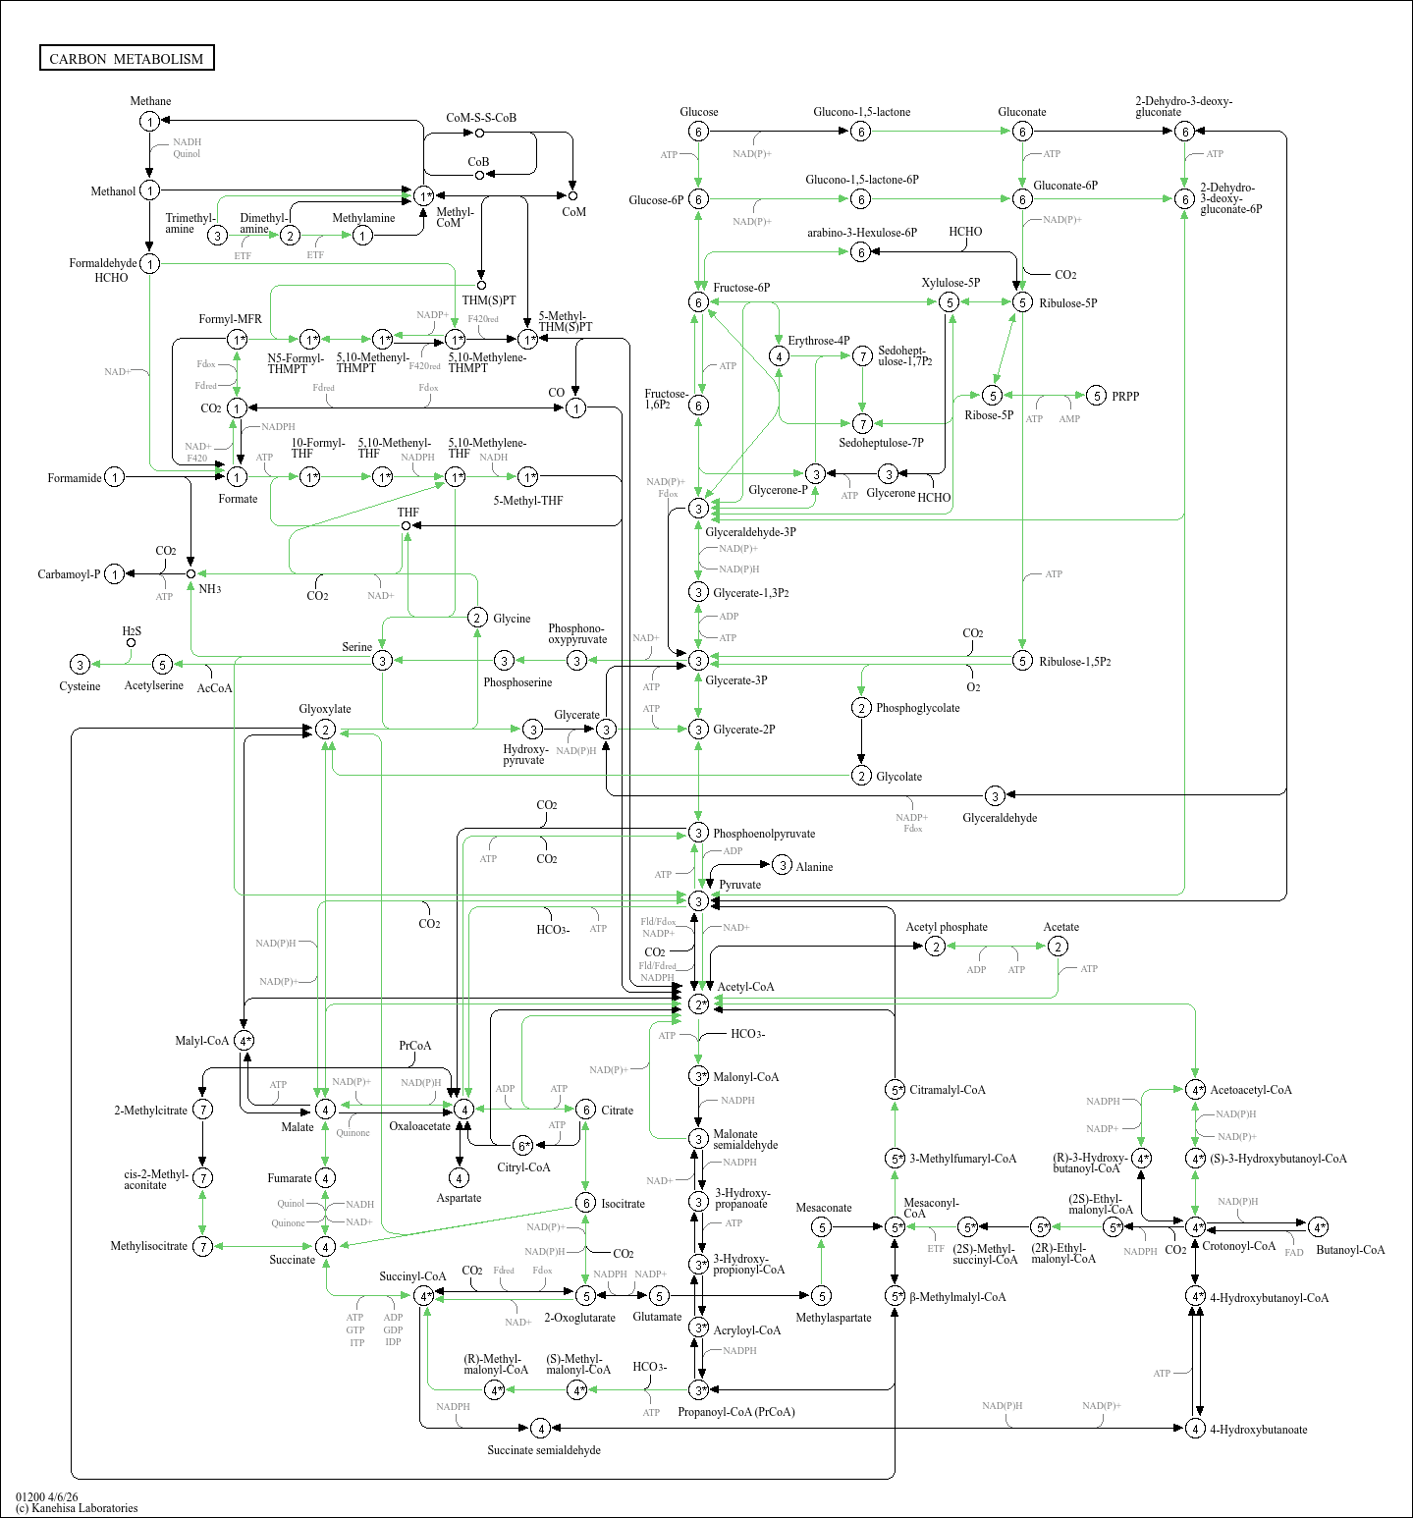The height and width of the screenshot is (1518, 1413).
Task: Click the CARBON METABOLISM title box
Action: pyautogui.click(x=127, y=59)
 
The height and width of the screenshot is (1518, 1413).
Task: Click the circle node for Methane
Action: pyautogui.click(x=149, y=121)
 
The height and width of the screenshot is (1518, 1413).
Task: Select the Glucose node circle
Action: pyautogui.click(x=698, y=132)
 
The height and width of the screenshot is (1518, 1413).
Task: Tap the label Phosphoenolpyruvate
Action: pyautogui.click(x=764, y=834)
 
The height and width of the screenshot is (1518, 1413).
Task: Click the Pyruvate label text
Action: pyautogui.click(x=739, y=885)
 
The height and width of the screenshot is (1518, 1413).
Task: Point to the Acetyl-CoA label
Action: pyautogui.click(x=745, y=987)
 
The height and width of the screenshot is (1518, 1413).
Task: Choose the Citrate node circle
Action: pyautogui.click(x=585, y=1110)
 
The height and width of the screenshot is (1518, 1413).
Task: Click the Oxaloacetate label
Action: pyautogui.click(x=419, y=1126)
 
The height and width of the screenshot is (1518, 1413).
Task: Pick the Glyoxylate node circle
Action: pyautogui.click(x=325, y=730)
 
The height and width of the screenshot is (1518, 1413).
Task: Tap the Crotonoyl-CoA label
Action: pyautogui.click(x=1238, y=1246)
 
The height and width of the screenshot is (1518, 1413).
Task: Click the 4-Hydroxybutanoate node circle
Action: pyautogui.click(x=1195, y=1429)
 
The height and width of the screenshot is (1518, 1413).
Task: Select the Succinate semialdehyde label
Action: pyautogui.click(x=544, y=1450)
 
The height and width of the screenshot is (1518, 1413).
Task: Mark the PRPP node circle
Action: pyautogui.click(x=1097, y=396)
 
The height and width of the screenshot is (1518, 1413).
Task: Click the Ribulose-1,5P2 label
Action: pyautogui.click(x=1075, y=662)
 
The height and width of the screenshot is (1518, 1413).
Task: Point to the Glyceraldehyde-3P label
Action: pyautogui.click(x=750, y=532)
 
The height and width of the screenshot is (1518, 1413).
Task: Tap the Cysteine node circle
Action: pyautogui.click(x=81, y=665)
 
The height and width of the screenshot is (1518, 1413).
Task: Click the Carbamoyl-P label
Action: pyautogui.click(x=69, y=574)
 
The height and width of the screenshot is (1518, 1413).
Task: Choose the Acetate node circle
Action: pyautogui.click(x=1058, y=946)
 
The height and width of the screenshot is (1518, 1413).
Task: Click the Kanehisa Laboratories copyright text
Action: pyautogui.click(x=77, y=1508)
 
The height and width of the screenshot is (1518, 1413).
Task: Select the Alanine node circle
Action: pyautogui.click(x=782, y=865)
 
